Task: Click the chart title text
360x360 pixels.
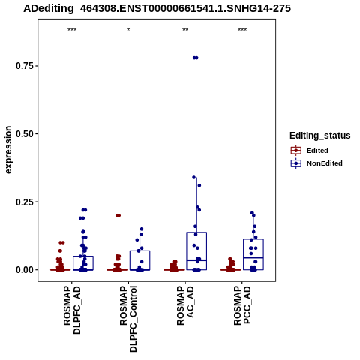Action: (x=157, y=8)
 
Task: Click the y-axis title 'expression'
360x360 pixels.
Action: (x=8, y=150)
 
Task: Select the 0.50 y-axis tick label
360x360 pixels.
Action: (x=25, y=133)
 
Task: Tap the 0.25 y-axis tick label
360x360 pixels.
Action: (x=25, y=202)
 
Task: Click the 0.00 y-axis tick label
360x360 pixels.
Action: (x=25, y=270)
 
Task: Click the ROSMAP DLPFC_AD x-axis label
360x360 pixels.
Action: (x=72, y=310)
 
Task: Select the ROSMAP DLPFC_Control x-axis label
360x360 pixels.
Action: (x=128, y=319)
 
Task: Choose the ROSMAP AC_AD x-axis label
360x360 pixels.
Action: (x=185, y=305)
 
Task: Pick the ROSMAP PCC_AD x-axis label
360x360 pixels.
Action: (x=242, y=305)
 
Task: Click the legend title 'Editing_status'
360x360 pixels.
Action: (x=320, y=136)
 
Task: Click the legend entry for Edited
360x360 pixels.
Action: (x=310, y=151)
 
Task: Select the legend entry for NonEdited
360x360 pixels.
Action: (x=316, y=163)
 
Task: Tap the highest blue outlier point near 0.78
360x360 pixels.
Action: (x=195, y=58)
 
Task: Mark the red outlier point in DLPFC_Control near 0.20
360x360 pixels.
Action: (x=118, y=215)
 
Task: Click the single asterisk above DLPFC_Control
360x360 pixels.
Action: (x=128, y=30)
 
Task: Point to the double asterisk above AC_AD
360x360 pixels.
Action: (x=185, y=30)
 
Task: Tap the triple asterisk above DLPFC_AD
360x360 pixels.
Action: (x=72, y=30)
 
